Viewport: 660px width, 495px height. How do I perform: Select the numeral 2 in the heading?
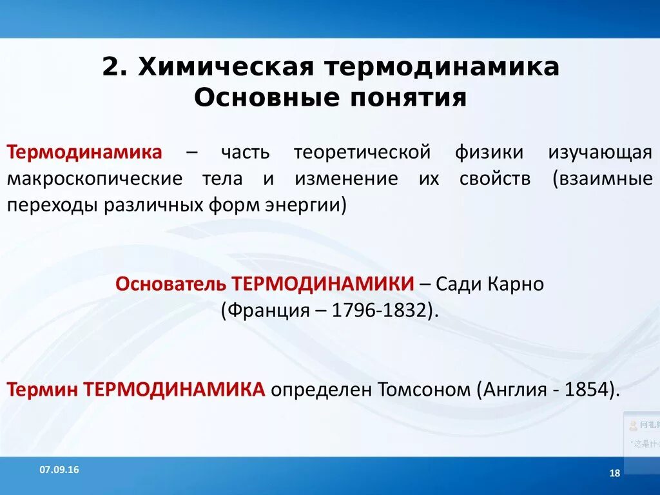110,68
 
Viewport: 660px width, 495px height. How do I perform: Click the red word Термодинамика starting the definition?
84,153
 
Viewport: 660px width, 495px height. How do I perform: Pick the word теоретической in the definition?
362,153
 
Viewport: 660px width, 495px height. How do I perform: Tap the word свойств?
495,179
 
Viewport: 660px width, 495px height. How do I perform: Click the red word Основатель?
170,284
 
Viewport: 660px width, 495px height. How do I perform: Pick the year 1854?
587,389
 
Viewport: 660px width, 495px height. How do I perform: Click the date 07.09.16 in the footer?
59,470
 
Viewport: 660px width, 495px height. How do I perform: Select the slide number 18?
614,474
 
